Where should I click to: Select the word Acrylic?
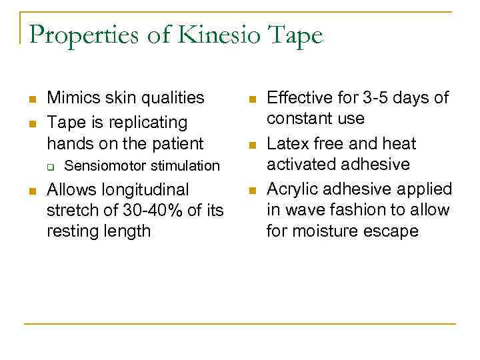pos(294,190)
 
